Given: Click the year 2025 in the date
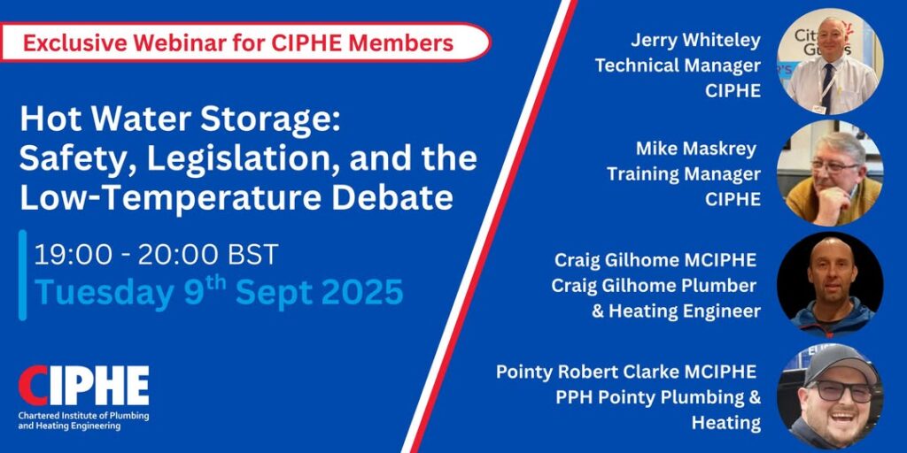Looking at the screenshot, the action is click(x=362, y=292).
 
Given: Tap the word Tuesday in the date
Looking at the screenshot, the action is click(x=105, y=294).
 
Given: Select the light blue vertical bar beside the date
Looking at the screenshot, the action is click(x=22, y=275).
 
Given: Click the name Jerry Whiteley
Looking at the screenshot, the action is click(x=695, y=41).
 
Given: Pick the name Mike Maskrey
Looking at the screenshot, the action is click(x=696, y=149).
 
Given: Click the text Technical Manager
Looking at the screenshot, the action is click(x=678, y=65).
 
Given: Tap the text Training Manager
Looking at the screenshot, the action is click(x=683, y=174).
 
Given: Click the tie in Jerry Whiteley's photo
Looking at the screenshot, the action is click(x=828, y=88).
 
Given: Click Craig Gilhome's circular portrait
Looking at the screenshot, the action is click(x=830, y=285).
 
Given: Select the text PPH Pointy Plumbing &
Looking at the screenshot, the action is click(x=658, y=398).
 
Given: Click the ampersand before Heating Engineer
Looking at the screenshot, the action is click(x=598, y=311).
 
